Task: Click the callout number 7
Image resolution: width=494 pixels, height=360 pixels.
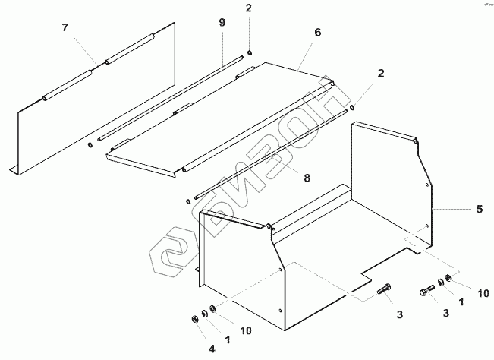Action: tap(65, 27)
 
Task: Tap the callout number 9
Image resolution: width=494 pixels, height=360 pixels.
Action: tap(222, 24)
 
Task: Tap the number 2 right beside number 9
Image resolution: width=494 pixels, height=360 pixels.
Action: tap(248, 9)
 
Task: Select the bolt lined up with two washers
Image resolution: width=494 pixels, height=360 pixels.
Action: tap(426, 289)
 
